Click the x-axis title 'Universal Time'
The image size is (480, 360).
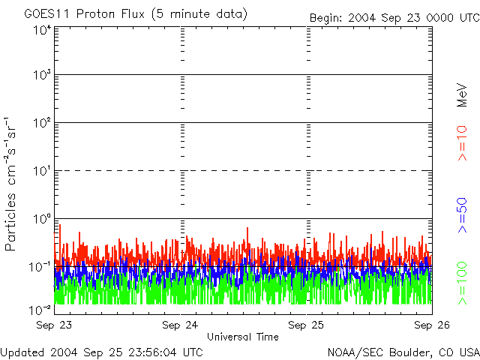[x=242, y=337]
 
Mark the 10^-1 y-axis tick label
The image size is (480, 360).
[x=40, y=266]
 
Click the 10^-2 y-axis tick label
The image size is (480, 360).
[x=40, y=309]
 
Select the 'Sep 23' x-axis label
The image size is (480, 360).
[x=54, y=325]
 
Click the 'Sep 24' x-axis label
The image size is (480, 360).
[x=181, y=325]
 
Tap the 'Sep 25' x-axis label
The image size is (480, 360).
[x=307, y=325]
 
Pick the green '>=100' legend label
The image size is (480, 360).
[x=463, y=283]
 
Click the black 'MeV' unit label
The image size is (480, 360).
[x=463, y=96]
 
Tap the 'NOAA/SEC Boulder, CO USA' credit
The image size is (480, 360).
[x=403, y=352]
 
